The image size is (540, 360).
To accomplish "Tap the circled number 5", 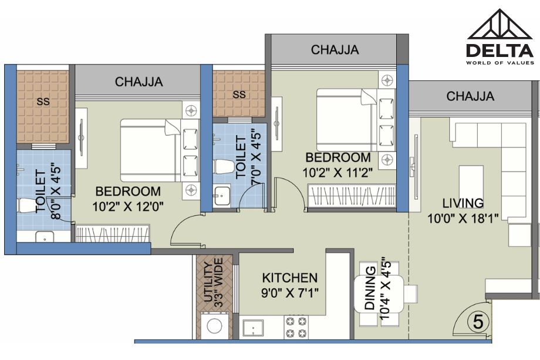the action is tap(478, 322).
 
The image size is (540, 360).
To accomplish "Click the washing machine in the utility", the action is tap(214, 325).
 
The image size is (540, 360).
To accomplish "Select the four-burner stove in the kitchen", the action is tap(297, 327).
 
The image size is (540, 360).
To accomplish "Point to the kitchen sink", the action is tap(253, 328).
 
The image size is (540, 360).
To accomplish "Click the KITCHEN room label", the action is tap(289, 278).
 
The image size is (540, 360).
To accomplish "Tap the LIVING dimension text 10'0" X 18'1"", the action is tap(463, 218).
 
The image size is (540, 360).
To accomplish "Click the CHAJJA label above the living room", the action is tap(470, 96).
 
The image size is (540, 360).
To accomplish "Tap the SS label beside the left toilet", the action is tap(43, 102).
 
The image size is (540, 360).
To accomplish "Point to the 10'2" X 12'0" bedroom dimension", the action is tap(128, 207).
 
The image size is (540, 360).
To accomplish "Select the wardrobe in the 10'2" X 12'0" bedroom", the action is tap(113, 234).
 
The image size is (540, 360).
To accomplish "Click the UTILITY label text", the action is tap(208, 282).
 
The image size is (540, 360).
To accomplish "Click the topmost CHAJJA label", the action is tap(335, 49).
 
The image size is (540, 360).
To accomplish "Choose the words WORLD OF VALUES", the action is tap(500, 63).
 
